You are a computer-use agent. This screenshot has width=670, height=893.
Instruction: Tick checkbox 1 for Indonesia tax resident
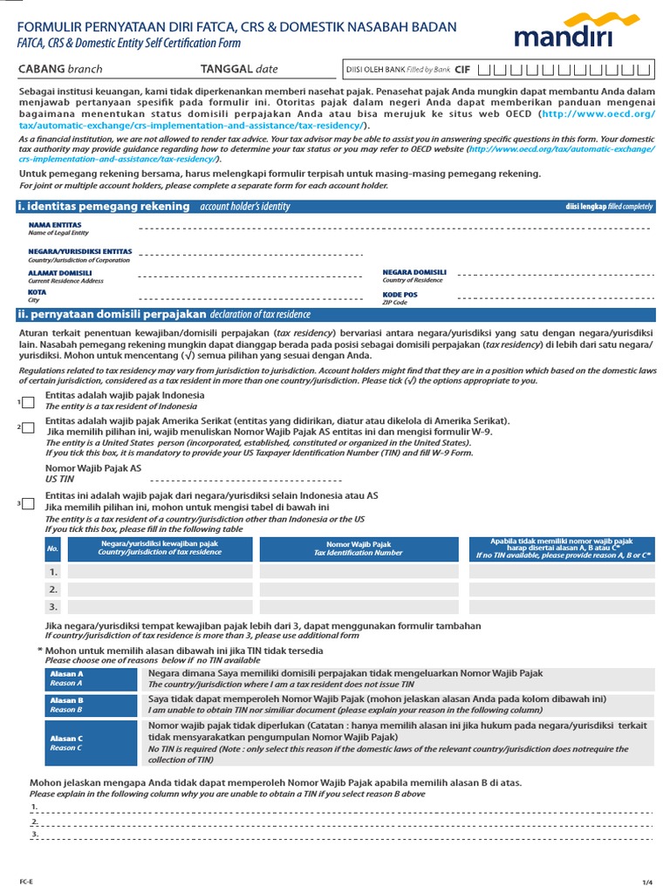coord(30,402)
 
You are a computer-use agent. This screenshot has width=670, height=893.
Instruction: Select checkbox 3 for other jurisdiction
coord(30,504)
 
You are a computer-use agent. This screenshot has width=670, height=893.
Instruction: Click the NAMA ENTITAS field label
coord(54,224)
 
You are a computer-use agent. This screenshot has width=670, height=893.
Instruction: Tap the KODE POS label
coord(400,294)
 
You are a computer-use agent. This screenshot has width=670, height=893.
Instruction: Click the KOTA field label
coord(37,292)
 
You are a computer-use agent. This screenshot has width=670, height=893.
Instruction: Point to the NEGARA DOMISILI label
coord(414,272)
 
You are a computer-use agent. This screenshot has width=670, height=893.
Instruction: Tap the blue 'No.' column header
coord(53,549)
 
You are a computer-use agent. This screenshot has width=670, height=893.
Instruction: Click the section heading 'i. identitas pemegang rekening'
coord(103,206)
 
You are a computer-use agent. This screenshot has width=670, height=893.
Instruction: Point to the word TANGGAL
coord(226,69)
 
